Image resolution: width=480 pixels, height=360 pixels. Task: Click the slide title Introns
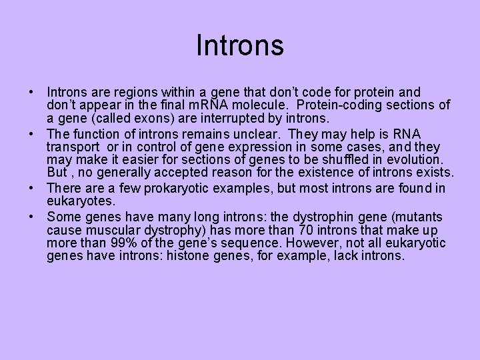240,45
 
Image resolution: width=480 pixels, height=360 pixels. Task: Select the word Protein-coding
337,105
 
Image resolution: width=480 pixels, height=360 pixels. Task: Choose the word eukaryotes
81,201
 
